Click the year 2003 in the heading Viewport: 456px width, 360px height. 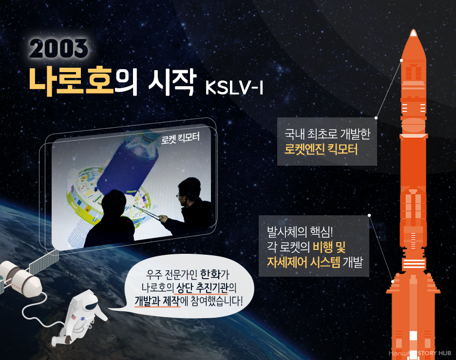point(58,48)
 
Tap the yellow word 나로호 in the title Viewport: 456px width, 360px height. point(71,81)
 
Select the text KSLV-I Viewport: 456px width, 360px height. point(234,87)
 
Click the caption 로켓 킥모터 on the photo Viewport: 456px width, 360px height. point(180,138)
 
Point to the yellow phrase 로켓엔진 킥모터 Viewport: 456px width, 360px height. point(321,150)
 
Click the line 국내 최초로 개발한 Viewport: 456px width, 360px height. point(327,134)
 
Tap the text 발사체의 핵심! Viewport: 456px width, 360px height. point(300,232)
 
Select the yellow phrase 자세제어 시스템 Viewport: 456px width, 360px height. point(304,262)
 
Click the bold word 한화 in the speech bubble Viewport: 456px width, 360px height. point(210,274)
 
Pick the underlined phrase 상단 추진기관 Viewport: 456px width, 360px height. point(202,288)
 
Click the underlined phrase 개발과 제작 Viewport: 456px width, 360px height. point(157,301)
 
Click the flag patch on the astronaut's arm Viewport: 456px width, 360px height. point(74,317)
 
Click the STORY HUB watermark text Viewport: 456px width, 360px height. point(434,353)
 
